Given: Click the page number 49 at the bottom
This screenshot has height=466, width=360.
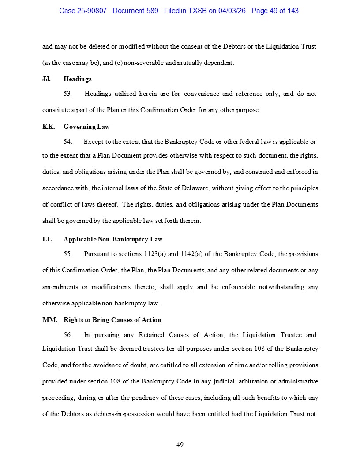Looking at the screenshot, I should pos(180,444).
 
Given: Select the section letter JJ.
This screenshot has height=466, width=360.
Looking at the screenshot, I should pos(46,79).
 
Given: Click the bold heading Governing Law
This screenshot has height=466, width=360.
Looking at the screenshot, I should pos(86,127).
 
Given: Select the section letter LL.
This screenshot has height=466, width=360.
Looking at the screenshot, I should pos(48,239).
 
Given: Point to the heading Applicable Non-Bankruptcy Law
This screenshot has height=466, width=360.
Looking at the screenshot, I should pos(113,239).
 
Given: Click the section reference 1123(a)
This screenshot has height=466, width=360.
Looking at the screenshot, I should pos(156,254).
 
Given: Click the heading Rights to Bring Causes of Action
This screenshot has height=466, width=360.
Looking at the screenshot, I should pos(112,320).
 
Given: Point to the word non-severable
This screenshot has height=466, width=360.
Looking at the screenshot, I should pos(142,63).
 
